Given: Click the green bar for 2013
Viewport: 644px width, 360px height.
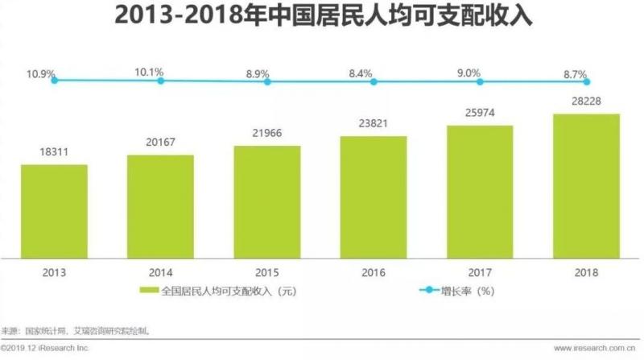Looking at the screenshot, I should (x=54, y=211).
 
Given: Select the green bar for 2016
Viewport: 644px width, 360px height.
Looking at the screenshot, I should (x=374, y=197).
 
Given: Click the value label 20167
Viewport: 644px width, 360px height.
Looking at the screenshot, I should (x=160, y=143).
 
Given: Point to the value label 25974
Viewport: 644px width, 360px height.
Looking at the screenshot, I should (x=480, y=114).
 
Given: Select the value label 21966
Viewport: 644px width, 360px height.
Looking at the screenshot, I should (x=266, y=134).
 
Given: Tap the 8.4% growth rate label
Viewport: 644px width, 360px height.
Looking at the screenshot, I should (x=360, y=73).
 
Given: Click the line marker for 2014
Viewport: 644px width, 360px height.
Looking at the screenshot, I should (x=161, y=81).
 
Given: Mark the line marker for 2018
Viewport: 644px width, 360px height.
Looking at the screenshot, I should (x=587, y=81).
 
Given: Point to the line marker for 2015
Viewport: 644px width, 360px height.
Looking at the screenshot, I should (x=267, y=81).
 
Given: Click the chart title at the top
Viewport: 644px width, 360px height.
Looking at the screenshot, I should (x=322, y=16).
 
